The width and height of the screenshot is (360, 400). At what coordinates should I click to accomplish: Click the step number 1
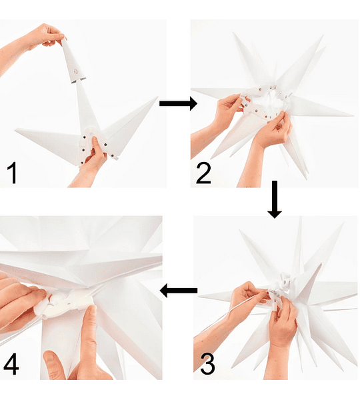[x=12, y=173]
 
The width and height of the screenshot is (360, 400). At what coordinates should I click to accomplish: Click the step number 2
[x=203, y=173]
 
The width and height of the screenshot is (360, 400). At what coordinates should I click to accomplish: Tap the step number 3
[x=207, y=364]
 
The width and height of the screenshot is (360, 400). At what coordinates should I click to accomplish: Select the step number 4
[x=11, y=364]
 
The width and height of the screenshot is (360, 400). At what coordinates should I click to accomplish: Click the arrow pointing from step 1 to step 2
[x=178, y=103]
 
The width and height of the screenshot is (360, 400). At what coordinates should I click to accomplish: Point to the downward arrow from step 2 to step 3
[x=275, y=199]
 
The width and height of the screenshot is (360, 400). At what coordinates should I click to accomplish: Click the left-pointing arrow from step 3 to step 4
[x=179, y=290]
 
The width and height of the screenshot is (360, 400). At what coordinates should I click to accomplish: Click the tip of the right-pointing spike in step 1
[x=158, y=97]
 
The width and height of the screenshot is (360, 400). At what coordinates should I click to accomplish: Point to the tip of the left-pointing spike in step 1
[x=15, y=130]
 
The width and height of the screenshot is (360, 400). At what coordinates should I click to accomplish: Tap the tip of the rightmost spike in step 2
[x=353, y=115]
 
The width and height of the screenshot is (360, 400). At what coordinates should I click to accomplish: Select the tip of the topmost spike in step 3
[x=301, y=217]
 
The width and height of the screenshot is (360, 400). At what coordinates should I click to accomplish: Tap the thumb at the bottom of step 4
[x=55, y=365]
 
